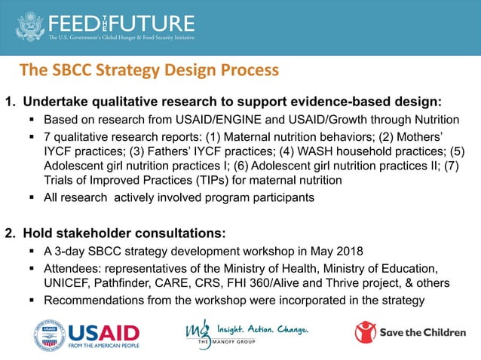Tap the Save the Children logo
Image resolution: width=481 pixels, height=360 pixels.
pos(410,332)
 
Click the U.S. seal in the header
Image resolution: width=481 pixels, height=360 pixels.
pos(29,25)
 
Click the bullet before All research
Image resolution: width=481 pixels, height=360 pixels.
pos(32,197)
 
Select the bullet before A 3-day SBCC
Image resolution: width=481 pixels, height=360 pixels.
pos(32,252)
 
